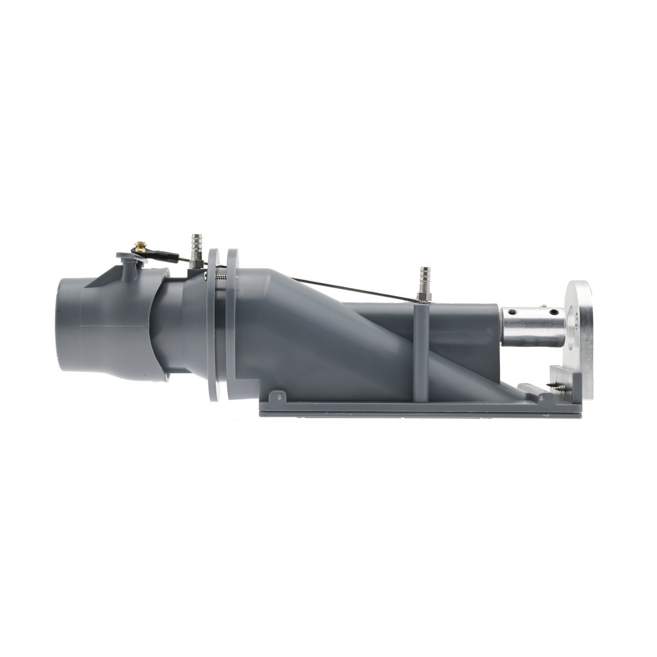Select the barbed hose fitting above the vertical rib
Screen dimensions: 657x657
click(424, 283)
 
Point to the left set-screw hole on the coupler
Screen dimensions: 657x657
click(516, 313)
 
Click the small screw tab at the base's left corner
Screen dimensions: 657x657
click(279, 396)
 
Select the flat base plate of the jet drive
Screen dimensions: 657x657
click(420, 407)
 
